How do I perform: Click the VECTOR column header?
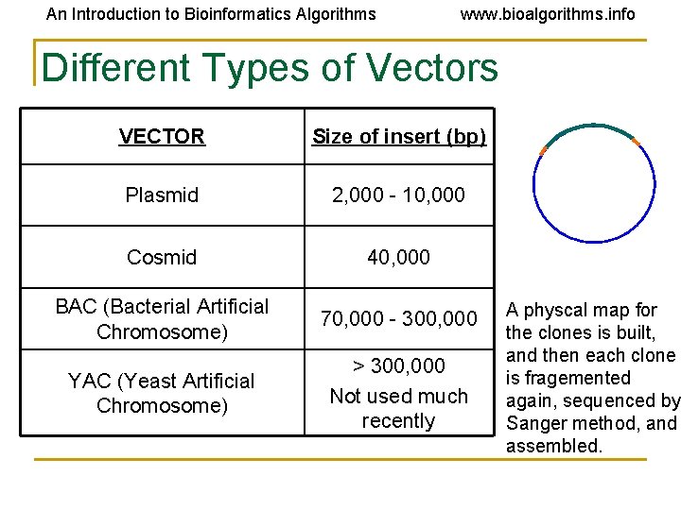[162, 137]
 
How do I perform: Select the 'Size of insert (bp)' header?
[399, 137]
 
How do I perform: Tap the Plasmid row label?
[162, 195]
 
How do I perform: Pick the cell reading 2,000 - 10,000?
[398, 195]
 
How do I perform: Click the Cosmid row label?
[162, 257]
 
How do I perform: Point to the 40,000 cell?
[398, 257]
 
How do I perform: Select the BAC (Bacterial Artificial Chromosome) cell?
[162, 319]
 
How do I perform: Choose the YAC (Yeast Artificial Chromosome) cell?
[162, 393]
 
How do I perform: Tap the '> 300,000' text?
[398, 365]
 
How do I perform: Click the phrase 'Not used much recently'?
[398, 408]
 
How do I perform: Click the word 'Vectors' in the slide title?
[430, 68]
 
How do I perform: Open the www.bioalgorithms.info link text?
[548, 14]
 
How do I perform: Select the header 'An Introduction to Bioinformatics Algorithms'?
[211, 14]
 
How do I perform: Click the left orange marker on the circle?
[543, 151]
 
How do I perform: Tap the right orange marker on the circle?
[636, 143]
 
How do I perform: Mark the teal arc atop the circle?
[591, 127]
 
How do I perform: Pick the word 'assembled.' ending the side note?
[554, 446]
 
